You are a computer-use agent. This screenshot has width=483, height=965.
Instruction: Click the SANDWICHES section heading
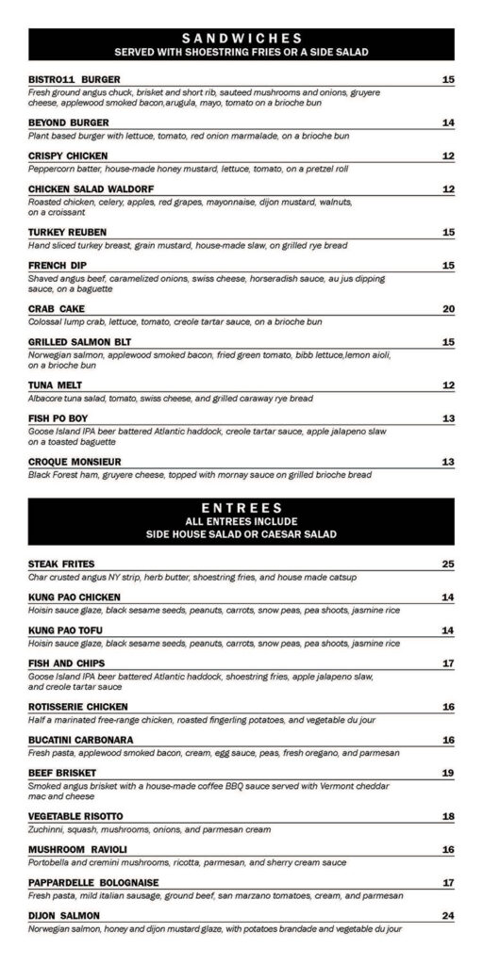[241, 38]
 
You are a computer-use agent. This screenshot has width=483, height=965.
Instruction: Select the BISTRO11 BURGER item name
[74, 79]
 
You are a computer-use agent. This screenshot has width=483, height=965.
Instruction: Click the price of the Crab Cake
[448, 309]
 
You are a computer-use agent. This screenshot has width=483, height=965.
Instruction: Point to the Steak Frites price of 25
[448, 564]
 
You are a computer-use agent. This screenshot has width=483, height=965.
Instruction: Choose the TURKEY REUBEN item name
[67, 232]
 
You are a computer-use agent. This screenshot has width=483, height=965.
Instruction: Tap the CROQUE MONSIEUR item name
[75, 462]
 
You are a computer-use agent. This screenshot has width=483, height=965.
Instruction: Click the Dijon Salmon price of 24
[448, 915]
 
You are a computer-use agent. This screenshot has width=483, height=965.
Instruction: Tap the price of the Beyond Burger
[448, 123]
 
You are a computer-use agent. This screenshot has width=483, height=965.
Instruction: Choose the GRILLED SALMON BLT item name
[83, 342]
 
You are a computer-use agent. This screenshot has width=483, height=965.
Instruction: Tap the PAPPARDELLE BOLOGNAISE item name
[93, 882]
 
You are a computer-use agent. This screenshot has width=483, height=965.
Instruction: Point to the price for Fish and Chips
[448, 662]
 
